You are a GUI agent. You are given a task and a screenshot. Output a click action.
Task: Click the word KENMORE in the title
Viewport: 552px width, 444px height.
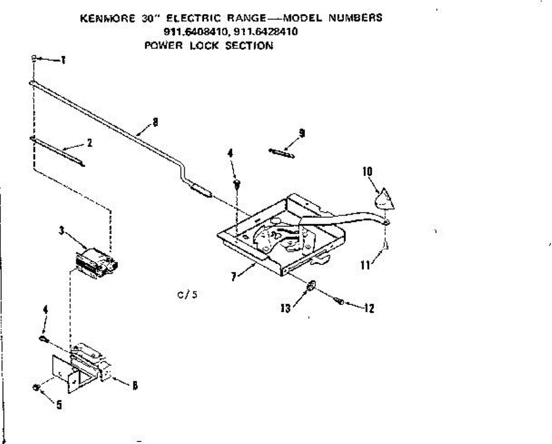click(x=105, y=19)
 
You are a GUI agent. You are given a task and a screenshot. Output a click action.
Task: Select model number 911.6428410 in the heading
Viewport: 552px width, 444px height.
click(x=266, y=32)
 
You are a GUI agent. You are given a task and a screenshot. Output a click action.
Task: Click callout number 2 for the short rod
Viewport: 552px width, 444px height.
click(x=89, y=143)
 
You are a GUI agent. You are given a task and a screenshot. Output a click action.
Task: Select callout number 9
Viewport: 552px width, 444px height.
click(x=301, y=133)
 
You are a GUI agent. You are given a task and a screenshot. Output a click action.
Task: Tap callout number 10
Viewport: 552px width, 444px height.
click(x=367, y=172)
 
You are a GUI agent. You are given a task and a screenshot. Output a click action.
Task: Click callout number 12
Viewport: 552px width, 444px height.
click(x=368, y=308)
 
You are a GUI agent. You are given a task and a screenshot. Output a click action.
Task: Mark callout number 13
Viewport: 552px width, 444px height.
click(x=286, y=308)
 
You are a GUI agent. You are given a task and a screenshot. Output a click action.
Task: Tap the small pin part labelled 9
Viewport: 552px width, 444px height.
click(x=281, y=153)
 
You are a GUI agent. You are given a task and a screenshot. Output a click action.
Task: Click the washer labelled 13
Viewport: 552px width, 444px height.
click(x=311, y=287)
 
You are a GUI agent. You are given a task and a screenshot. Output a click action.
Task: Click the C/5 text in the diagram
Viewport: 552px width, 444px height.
click(x=187, y=295)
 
